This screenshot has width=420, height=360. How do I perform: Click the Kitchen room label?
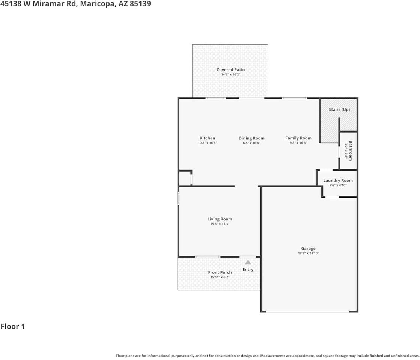click(207, 138)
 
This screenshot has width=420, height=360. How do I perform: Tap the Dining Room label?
click(251, 138)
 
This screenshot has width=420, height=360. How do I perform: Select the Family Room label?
click(298, 138)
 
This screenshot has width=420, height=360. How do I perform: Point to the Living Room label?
click(220, 219)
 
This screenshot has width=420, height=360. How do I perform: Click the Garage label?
click(308, 248)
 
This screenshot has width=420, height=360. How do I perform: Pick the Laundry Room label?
click(338, 180)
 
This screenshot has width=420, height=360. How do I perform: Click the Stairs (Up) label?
click(339, 109)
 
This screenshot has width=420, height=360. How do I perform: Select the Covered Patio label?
click(230, 70)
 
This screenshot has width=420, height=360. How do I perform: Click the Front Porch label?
click(220, 272)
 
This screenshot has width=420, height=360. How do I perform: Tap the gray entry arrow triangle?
click(248, 262)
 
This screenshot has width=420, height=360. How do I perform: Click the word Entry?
click(248, 269)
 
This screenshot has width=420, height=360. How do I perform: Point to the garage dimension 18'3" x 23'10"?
click(308, 253)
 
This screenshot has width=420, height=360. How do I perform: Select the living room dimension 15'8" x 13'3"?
click(220, 224)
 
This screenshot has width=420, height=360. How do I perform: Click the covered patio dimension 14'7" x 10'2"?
click(230, 75)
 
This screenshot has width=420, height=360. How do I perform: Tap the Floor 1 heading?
click(13, 326)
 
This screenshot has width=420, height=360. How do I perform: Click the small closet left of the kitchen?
click(185, 178)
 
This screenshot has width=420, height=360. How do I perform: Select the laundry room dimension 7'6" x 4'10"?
click(338, 185)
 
